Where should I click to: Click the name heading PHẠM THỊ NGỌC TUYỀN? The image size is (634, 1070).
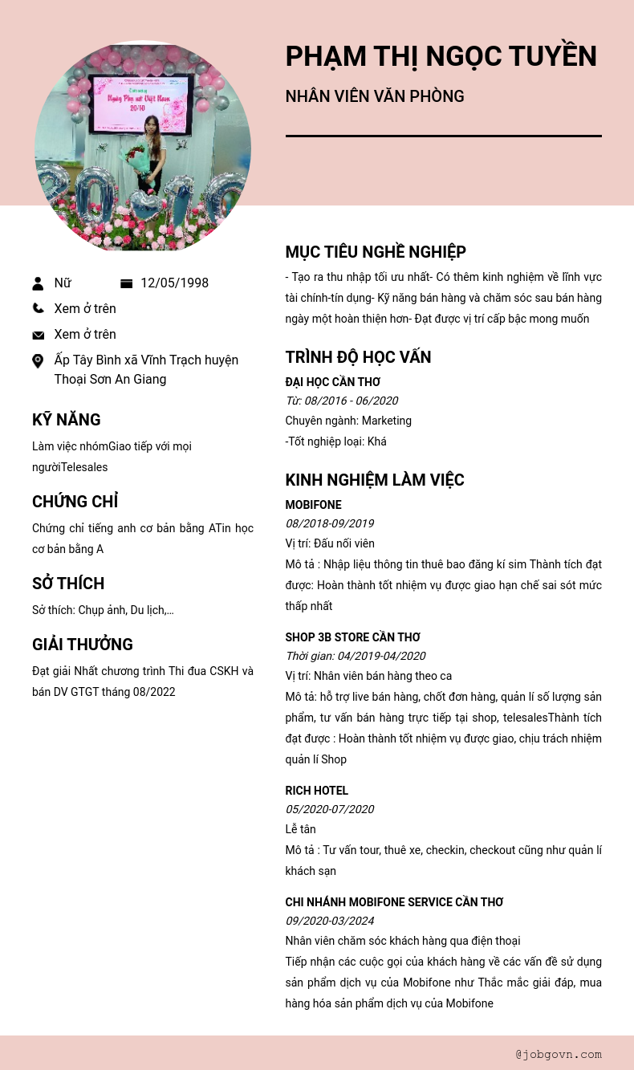[x=441, y=56]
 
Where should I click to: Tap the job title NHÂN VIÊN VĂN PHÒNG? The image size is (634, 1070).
[x=375, y=96]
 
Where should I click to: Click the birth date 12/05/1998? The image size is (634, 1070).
[x=174, y=283]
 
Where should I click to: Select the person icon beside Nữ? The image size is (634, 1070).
[x=38, y=283]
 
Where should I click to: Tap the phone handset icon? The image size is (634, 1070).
[x=38, y=308]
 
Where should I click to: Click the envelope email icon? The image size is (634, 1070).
[x=38, y=335]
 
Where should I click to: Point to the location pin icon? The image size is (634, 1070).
[x=38, y=361]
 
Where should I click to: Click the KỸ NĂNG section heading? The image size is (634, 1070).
[x=67, y=420]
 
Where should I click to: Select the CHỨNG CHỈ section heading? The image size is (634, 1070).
[x=75, y=502]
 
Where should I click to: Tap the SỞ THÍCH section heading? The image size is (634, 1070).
[x=68, y=584]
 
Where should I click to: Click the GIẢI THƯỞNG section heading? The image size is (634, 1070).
[x=83, y=645]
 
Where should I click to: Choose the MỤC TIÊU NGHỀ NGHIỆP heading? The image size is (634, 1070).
[x=376, y=252]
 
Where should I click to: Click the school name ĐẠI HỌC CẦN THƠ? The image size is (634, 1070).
[x=333, y=382]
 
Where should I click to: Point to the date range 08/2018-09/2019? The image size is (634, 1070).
[x=329, y=524]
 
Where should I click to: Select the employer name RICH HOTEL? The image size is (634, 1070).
[x=317, y=791]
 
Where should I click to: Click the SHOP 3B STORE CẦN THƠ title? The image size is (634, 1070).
[x=353, y=637]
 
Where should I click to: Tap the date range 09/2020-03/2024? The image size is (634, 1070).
[x=329, y=921]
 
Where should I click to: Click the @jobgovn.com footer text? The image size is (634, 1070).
[x=559, y=1054]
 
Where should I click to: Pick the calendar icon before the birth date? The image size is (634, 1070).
[x=126, y=283]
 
